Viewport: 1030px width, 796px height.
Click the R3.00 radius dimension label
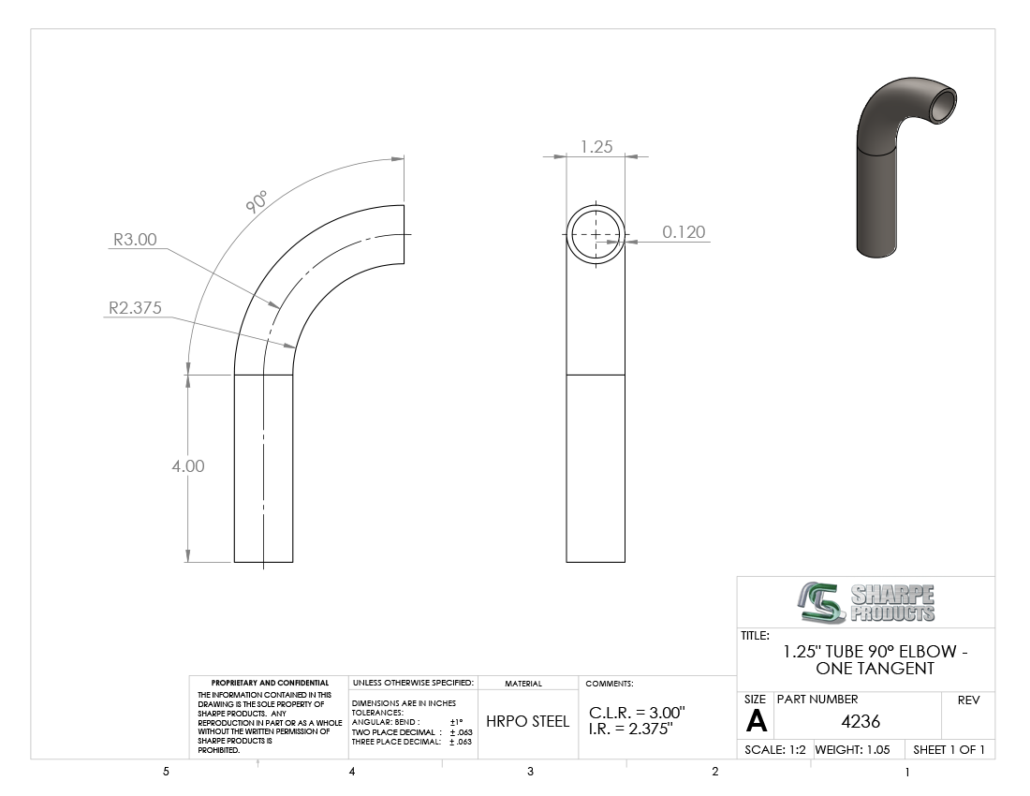[136, 239]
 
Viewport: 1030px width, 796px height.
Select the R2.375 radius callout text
[135, 307]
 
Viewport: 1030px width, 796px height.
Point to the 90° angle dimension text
[257, 201]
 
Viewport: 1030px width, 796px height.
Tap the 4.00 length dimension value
[188, 465]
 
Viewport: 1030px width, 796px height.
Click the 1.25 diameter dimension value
[596, 146]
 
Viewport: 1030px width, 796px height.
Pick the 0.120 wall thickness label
[684, 232]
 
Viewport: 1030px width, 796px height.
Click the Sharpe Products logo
[866, 602]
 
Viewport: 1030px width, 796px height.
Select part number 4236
[861, 721]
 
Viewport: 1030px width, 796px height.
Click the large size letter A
[756, 722]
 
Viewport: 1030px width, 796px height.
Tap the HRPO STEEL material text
[527, 721]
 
